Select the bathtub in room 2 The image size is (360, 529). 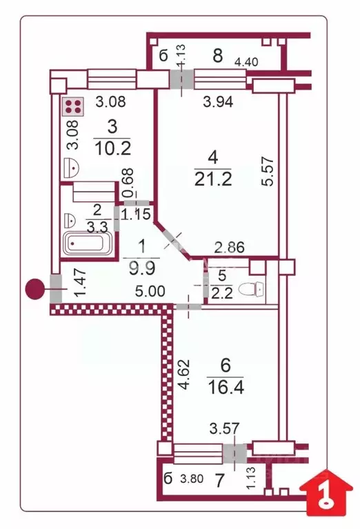click(87, 243)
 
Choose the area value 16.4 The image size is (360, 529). click(224, 383)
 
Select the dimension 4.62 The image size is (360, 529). click(184, 373)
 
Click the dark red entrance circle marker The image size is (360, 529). click(34, 288)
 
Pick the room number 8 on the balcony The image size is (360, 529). click(217, 56)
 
